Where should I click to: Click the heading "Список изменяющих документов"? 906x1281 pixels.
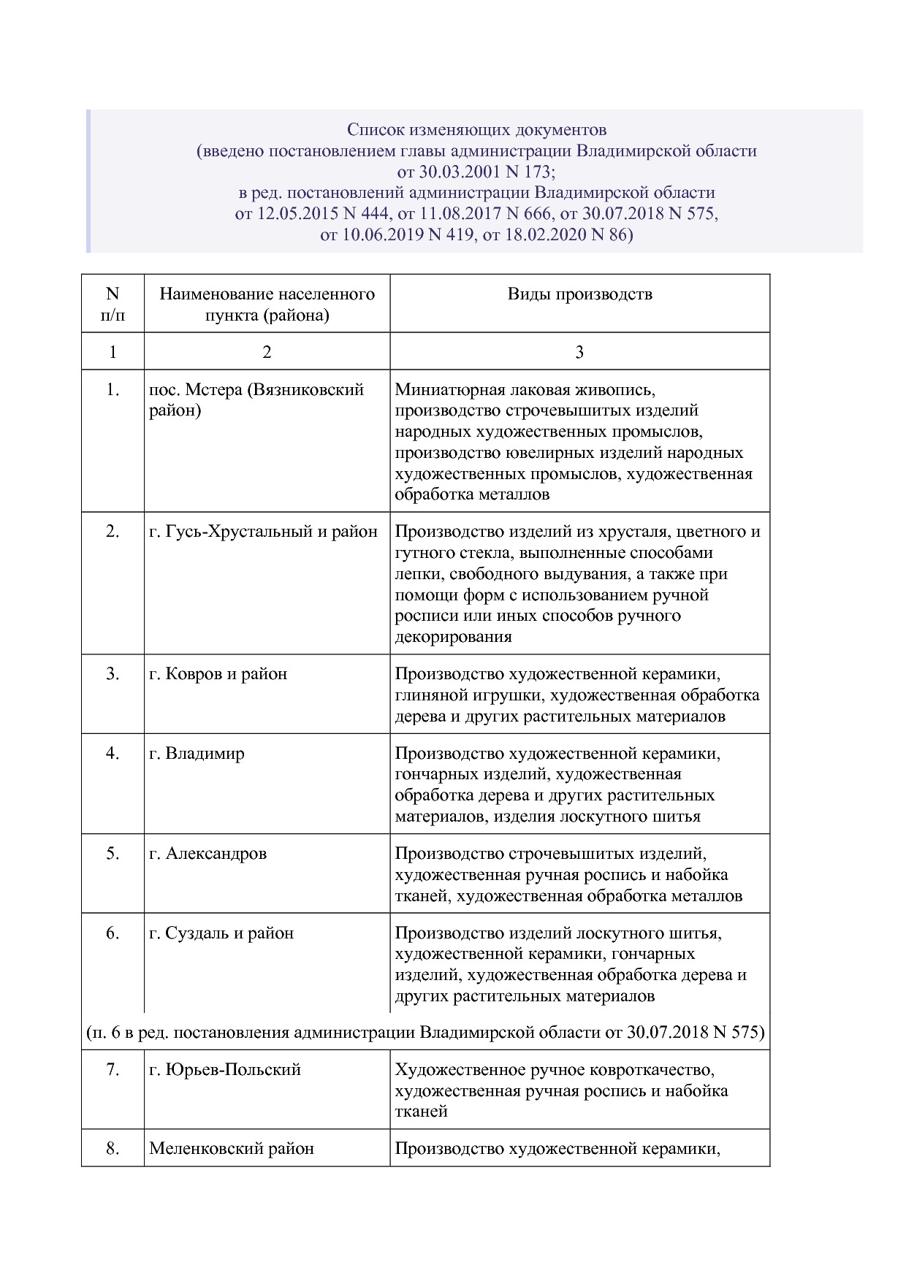pos(476,130)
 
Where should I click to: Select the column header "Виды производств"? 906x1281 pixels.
pos(579,294)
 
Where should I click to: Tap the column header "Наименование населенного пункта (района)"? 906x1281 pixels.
pos(267,305)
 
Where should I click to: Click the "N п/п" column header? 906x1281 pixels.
pos(113,305)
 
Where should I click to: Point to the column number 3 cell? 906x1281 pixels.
pos(579,352)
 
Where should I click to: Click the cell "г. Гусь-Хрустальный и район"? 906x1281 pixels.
pos(263,532)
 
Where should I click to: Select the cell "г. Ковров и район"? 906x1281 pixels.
pos(218,674)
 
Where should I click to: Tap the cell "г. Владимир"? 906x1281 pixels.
pos(197,754)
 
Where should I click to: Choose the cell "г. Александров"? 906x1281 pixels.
pos(208,854)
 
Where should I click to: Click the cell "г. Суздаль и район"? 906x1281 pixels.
pos(221,933)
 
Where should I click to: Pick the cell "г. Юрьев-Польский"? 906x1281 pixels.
pos(225,1070)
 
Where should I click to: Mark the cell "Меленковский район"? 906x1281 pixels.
pos(231,1149)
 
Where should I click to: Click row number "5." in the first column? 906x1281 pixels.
pos(113,854)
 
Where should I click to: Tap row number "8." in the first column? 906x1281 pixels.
pos(113,1149)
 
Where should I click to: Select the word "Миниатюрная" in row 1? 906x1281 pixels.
pos(439,390)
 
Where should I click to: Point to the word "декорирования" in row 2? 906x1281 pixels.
pos(453,637)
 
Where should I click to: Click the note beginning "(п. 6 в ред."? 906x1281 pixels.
pos(425,1033)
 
